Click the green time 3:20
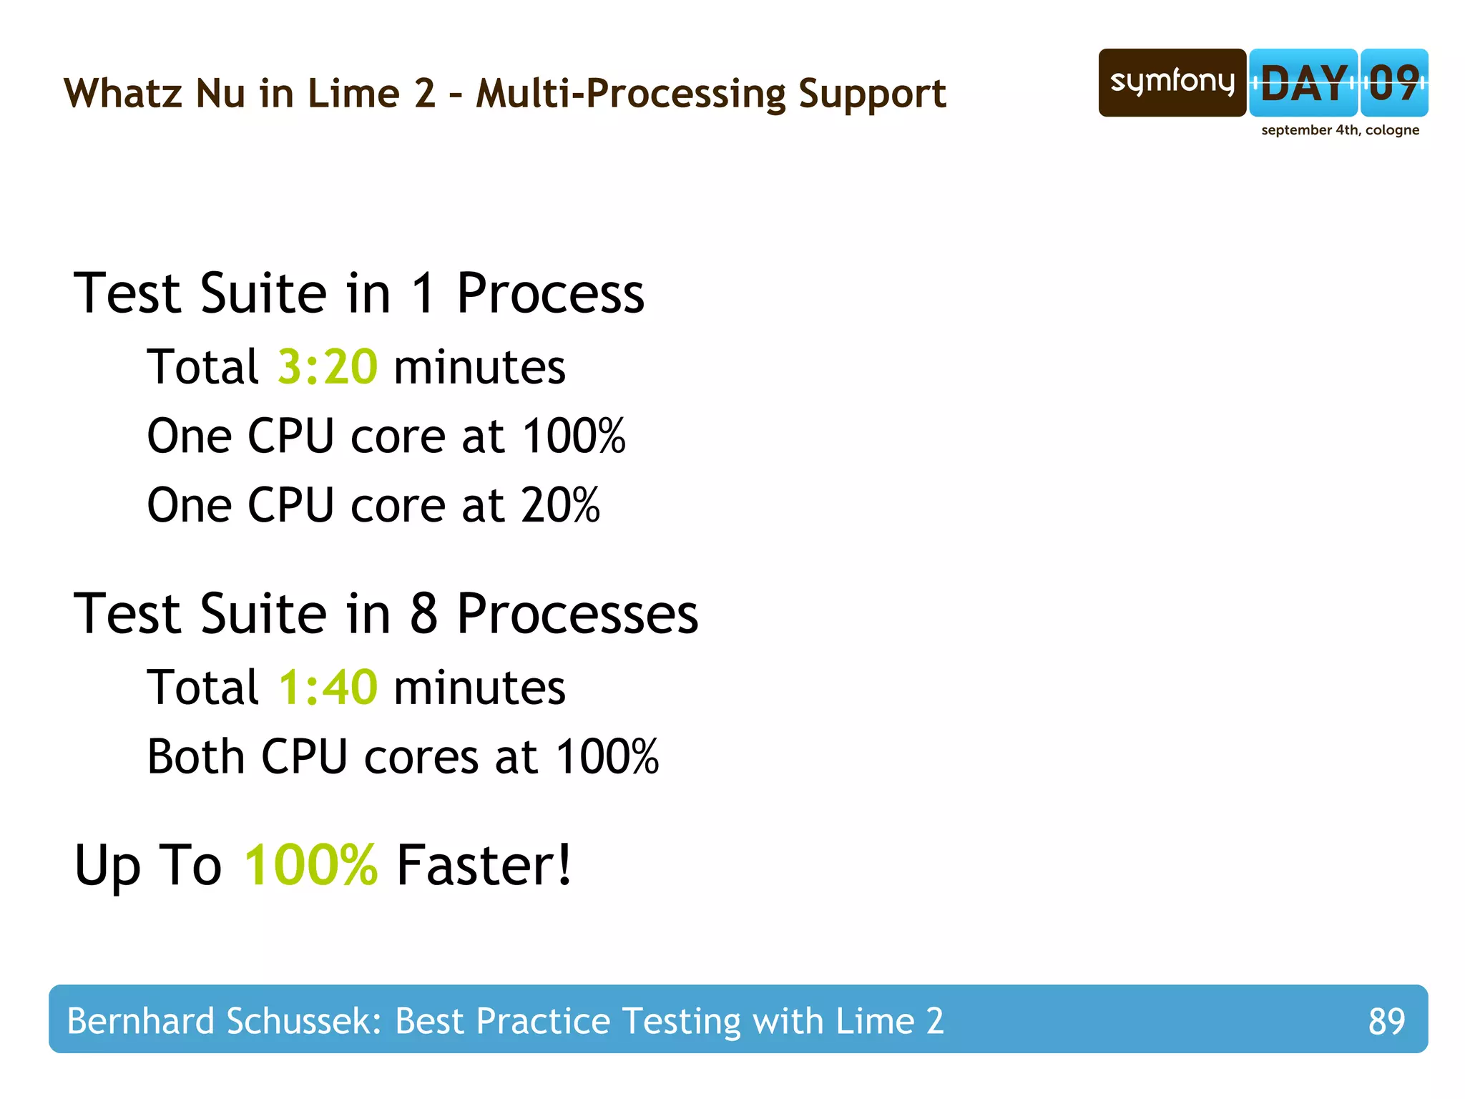pyautogui.click(x=327, y=367)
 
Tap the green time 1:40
pyautogui.click(x=328, y=688)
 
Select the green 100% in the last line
pyautogui.click(x=310, y=865)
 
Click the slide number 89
pyautogui.click(x=1386, y=1021)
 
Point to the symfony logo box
pyautogui.click(x=1172, y=83)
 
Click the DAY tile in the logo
pyautogui.click(x=1303, y=83)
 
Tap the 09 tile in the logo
pyautogui.click(x=1394, y=83)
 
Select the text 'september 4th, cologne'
pyautogui.click(x=1340, y=130)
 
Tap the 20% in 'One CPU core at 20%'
pyautogui.click(x=560, y=505)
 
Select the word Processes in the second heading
pyautogui.click(x=577, y=614)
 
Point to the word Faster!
pyautogui.click(x=484, y=865)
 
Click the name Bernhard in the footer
pyautogui.click(x=140, y=1021)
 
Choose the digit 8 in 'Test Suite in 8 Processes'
pyautogui.click(x=423, y=614)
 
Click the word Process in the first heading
pyautogui.click(x=550, y=293)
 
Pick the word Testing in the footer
pyautogui.click(x=681, y=1022)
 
